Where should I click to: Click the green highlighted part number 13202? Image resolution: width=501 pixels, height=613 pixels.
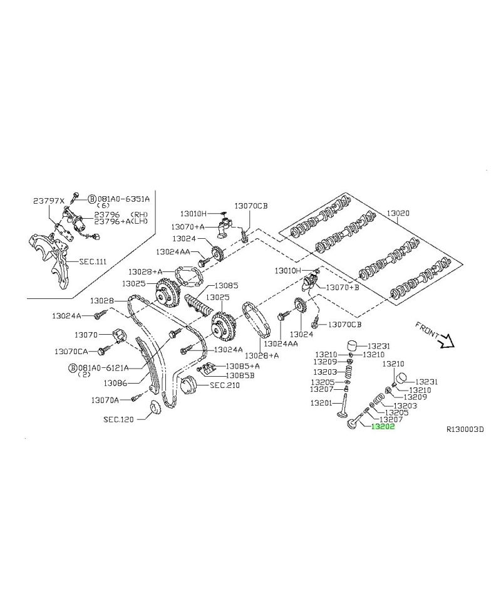pyautogui.click(x=383, y=427)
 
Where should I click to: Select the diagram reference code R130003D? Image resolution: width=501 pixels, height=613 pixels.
pyautogui.click(x=465, y=429)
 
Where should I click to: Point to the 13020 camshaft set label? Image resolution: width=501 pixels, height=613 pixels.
pyautogui.click(x=398, y=213)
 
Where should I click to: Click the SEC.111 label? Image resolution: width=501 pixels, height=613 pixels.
pyautogui.click(x=93, y=261)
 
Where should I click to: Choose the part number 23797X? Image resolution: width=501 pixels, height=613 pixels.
pyautogui.click(x=48, y=201)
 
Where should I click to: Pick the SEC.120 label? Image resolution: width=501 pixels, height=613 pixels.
pyautogui.click(x=118, y=419)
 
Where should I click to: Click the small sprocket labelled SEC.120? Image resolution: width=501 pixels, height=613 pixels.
pyautogui.click(x=157, y=410)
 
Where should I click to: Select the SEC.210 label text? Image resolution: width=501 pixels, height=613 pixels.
pyautogui.click(x=225, y=385)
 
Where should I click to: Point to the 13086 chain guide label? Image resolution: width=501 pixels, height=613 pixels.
pyautogui.click(x=115, y=383)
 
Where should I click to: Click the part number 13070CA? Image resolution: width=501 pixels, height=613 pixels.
pyautogui.click(x=71, y=352)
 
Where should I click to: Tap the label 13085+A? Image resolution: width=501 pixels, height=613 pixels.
pyautogui.click(x=242, y=366)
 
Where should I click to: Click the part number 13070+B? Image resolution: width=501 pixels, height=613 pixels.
pyautogui.click(x=342, y=287)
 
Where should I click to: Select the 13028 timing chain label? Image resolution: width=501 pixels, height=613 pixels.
pyautogui.click(x=102, y=301)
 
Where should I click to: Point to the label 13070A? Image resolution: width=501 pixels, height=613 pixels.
pyautogui.click(x=105, y=400)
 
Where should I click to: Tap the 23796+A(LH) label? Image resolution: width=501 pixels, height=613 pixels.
pyautogui.click(x=121, y=221)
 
